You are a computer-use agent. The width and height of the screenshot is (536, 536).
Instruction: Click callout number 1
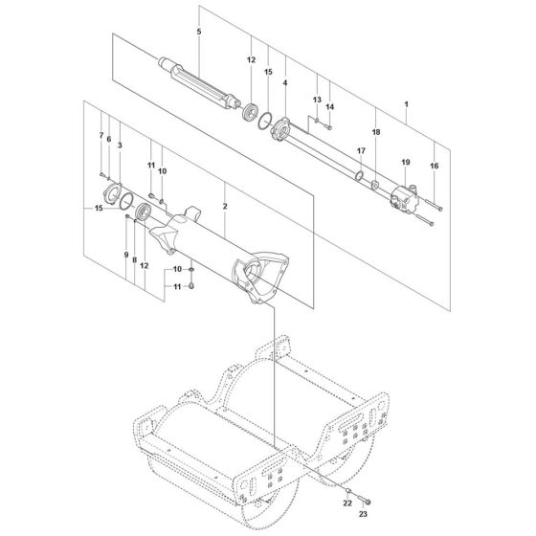(406, 102)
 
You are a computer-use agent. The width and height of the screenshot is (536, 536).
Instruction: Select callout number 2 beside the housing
(224, 207)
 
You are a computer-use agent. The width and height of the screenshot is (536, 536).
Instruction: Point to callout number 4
(284, 85)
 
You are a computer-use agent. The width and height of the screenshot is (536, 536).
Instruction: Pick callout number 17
(361, 151)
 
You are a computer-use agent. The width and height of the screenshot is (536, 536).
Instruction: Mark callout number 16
(435, 166)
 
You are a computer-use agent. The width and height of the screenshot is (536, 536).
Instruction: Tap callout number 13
(318, 100)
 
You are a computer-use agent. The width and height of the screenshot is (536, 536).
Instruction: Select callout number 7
(101, 136)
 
